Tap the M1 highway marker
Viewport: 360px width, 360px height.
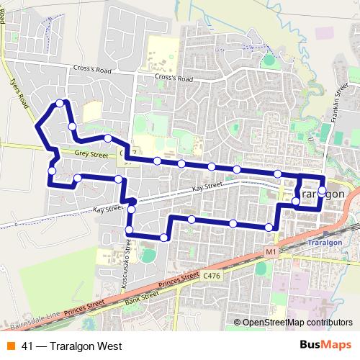270,252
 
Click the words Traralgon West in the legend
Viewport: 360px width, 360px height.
76,346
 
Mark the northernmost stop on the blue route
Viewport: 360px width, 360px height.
60,103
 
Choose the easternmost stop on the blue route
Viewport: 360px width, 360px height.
322,190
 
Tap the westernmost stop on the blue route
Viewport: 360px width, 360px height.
52,171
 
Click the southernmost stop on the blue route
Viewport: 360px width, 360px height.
165,237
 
